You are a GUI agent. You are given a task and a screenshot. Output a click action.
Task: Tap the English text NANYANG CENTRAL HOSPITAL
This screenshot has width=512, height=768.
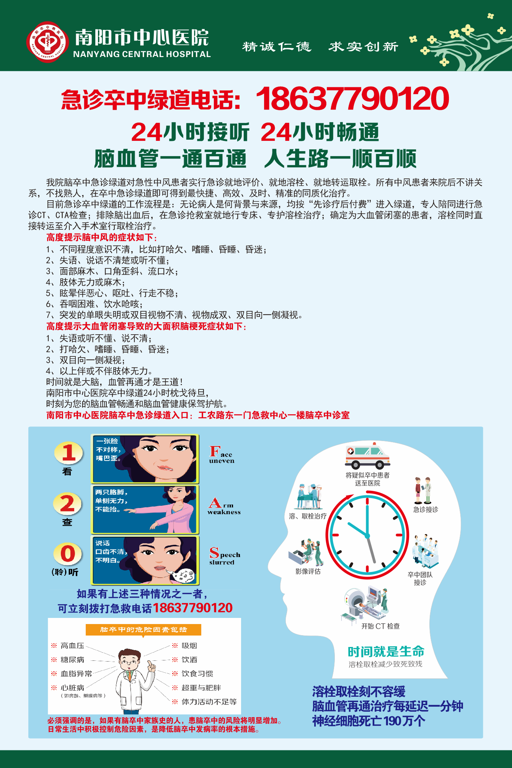click(x=142, y=54)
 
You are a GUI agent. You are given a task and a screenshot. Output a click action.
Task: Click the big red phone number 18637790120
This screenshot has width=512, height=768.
click(x=352, y=99)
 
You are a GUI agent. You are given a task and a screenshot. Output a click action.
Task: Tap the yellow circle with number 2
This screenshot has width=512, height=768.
click(x=67, y=503)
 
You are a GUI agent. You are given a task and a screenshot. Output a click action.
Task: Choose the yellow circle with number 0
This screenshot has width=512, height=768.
click(x=68, y=554)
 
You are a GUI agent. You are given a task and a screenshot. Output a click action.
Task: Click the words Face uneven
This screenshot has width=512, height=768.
click(x=222, y=455)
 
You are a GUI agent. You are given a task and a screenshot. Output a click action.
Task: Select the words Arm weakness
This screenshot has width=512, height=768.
click(x=224, y=507)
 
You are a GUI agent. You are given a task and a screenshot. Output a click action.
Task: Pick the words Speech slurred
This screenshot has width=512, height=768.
click(x=225, y=556)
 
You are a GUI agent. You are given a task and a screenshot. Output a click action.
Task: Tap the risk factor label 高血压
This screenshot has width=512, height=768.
click(x=72, y=646)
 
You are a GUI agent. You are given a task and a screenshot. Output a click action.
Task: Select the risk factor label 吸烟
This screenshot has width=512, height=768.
click(x=189, y=646)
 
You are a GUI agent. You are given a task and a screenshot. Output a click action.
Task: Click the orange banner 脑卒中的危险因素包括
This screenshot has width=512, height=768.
click(x=143, y=630)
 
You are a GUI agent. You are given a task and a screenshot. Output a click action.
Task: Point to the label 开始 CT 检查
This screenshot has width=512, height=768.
click(x=380, y=626)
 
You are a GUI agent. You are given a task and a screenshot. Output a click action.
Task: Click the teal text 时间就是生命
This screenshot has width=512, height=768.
click(x=386, y=652)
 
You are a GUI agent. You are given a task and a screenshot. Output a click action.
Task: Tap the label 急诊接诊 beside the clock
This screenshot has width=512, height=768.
click(x=426, y=510)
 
